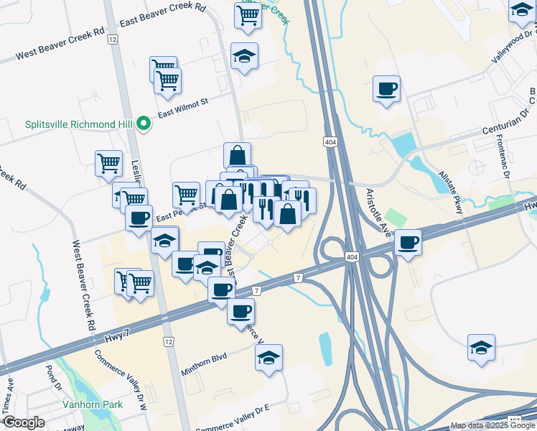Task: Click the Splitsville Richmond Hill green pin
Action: (x=144, y=124)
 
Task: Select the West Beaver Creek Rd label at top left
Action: (x=60, y=45)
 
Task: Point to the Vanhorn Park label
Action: (x=92, y=404)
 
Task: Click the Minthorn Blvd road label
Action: (x=203, y=356)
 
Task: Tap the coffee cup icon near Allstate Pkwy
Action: (x=386, y=89)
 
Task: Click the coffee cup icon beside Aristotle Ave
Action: (x=408, y=243)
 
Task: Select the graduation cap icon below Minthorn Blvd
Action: (x=268, y=357)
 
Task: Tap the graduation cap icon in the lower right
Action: (x=480, y=348)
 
